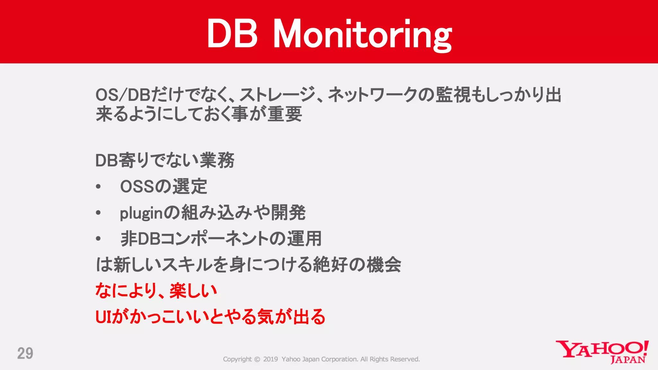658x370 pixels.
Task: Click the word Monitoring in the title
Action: point(362,34)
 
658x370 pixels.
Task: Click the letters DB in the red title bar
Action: point(232,33)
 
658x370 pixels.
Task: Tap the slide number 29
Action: point(25,353)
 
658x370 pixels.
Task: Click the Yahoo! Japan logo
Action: point(602,352)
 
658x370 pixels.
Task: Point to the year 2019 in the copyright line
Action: point(270,359)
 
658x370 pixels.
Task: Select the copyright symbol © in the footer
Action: point(257,359)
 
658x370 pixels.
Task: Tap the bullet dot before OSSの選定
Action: point(98,187)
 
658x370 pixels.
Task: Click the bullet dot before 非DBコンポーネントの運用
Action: point(98,239)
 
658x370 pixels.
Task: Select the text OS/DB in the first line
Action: point(123,95)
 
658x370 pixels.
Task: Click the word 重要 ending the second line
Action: point(285,114)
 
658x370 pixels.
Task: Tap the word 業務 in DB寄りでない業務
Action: point(217,160)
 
